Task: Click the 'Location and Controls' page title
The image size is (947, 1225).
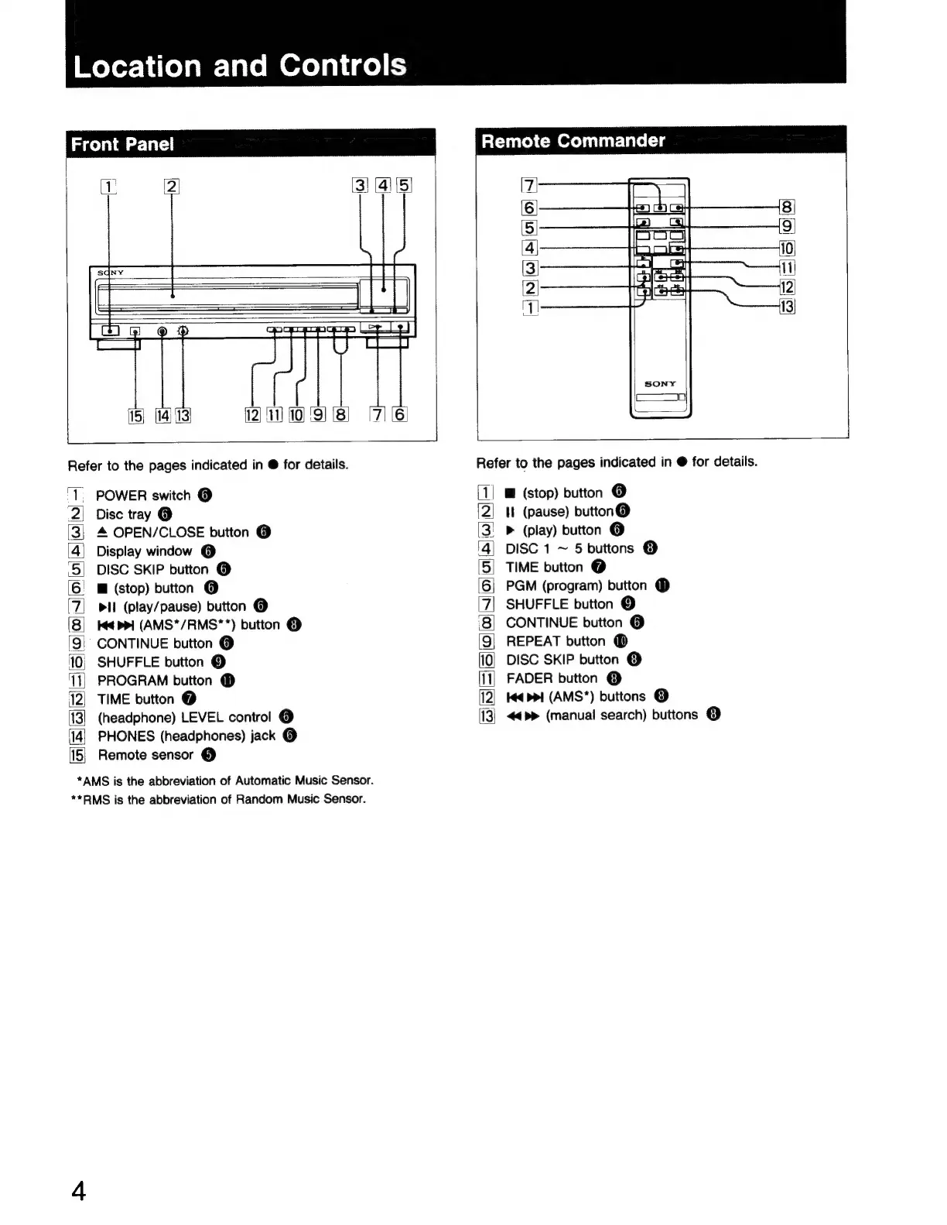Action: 240,66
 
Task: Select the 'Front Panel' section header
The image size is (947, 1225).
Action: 122,145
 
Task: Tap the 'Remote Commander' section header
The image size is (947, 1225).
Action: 573,141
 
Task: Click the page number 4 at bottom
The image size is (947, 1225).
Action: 78,1190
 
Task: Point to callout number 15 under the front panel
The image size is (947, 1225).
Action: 135,416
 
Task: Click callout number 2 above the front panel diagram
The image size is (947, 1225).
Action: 172,186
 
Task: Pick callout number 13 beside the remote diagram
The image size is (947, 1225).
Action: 787,307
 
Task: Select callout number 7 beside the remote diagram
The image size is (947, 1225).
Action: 529,185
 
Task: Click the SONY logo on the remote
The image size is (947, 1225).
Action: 660,383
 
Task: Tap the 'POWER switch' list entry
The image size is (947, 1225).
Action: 143,496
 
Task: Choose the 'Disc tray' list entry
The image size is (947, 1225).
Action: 123,514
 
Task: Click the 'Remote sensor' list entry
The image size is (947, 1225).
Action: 145,755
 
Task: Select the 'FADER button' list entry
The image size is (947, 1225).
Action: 552,678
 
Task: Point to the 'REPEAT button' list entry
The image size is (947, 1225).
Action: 556,641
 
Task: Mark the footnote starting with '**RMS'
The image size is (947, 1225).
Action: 218,799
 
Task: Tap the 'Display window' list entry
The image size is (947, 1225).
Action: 144,551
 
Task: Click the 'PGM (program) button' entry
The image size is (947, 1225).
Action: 576,585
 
